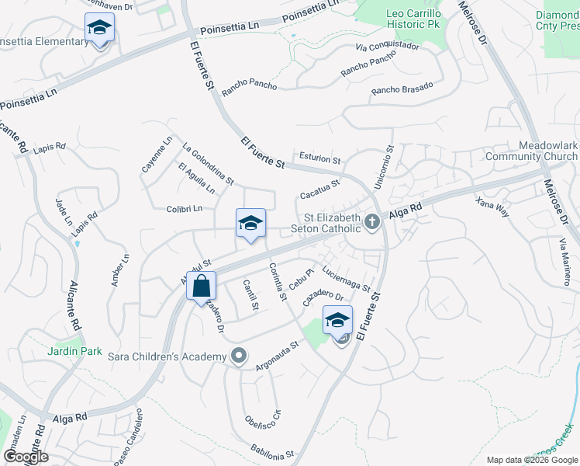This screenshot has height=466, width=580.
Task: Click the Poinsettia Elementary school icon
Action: coord(99,29)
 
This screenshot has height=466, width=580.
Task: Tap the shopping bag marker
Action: coord(201,287)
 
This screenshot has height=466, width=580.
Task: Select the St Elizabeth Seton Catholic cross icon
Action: coord(372,224)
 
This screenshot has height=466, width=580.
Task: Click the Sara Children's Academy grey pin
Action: coord(239,356)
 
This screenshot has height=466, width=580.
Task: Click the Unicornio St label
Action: coord(389,167)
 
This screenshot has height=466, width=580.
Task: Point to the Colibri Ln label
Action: coord(185,208)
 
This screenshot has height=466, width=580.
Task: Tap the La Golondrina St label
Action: coord(208,164)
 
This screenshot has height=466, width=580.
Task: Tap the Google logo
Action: coord(25,457)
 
